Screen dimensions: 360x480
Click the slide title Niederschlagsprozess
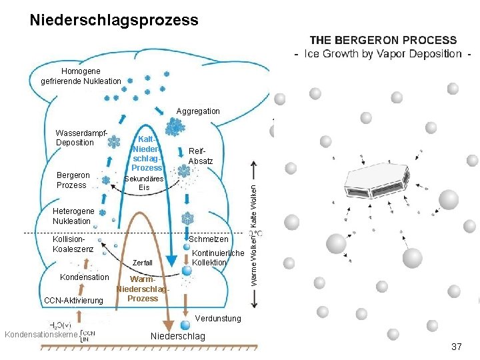[x=114, y=21]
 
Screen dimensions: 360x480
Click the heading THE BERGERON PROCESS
[x=383, y=41]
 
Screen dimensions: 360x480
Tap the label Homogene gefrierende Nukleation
[x=81, y=77]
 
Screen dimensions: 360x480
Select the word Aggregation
[x=198, y=111]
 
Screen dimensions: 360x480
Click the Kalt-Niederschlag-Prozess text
[x=147, y=153]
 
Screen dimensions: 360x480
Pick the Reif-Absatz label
[x=201, y=156]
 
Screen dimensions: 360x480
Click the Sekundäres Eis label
[x=145, y=183]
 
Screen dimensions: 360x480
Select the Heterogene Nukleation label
[x=73, y=216]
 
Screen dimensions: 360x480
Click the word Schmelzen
[x=209, y=239]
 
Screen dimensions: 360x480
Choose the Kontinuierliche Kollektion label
[x=217, y=258]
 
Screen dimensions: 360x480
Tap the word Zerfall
[x=143, y=263]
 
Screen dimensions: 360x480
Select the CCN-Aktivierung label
[x=73, y=301]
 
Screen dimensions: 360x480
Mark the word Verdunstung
[x=218, y=319]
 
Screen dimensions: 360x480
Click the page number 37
[x=457, y=347]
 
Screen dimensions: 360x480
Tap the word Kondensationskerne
[x=39, y=333]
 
